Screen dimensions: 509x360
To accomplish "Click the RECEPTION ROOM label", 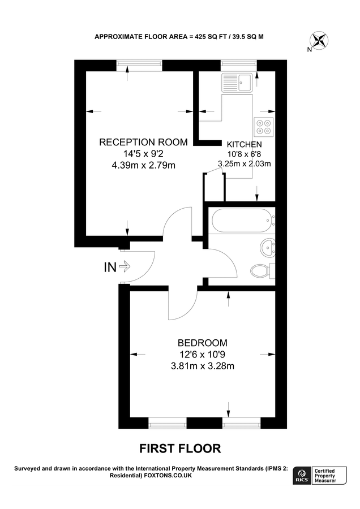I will [x=143, y=142].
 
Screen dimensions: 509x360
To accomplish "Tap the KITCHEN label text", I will [x=244, y=145].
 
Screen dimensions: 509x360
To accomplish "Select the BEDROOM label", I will [x=202, y=343].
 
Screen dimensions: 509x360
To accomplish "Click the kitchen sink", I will [x=238, y=83].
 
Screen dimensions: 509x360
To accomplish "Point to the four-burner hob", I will [x=263, y=126].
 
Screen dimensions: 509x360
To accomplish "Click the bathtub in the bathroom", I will [x=240, y=220].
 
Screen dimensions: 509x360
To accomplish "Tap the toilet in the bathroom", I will [x=261, y=270].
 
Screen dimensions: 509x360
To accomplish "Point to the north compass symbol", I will [x=319, y=41].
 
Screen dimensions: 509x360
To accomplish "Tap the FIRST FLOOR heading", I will [x=180, y=448].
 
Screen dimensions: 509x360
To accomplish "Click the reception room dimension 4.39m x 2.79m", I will [x=143, y=165].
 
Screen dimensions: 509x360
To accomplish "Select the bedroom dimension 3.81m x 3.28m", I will [x=202, y=366].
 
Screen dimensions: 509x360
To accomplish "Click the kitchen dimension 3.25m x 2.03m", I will [x=244, y=165].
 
